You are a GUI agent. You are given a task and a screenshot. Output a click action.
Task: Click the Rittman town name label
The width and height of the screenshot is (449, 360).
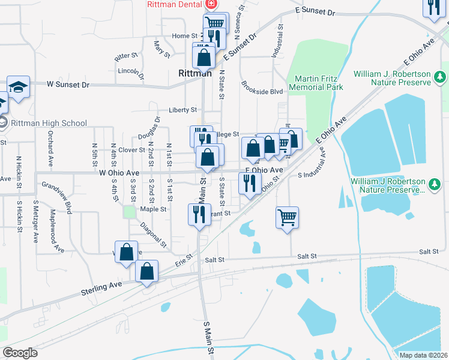[195, 73]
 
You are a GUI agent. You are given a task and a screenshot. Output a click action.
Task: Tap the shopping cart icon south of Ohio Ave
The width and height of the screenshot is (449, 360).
[288, 217]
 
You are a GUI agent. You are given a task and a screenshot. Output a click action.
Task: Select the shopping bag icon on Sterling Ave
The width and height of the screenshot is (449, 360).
[146, 271]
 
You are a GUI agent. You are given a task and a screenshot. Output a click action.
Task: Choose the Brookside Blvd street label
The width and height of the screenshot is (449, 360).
[262, 92]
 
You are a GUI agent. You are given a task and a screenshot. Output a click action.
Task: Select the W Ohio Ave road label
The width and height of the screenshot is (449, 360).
[119, 173]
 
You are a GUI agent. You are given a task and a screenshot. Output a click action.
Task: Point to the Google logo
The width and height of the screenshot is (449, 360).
[20, 353]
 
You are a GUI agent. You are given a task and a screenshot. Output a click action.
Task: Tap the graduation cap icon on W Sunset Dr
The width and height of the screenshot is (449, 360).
[18, 86]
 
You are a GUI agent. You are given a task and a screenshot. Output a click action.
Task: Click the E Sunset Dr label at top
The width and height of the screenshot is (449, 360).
[315, 11]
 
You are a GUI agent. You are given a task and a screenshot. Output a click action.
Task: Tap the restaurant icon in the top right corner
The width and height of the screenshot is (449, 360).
[433, 7]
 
